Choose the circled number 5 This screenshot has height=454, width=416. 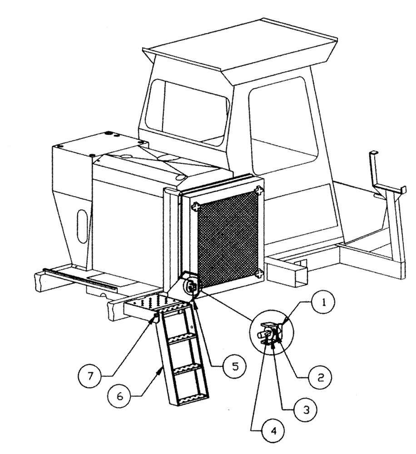pyautogui.click(x=233, y=365)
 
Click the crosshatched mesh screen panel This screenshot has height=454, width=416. pyautogui.click(x=227, y=238)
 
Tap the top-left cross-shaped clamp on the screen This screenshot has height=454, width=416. pyautogui.click(x=196, y=207)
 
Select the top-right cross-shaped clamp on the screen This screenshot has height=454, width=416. pyautogui.click(x=258, y=191)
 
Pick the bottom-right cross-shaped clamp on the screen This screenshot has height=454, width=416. pyautogui.click(x=259, y=273)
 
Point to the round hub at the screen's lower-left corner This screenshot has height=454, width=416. pyautogui.click(x=191, y=286)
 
